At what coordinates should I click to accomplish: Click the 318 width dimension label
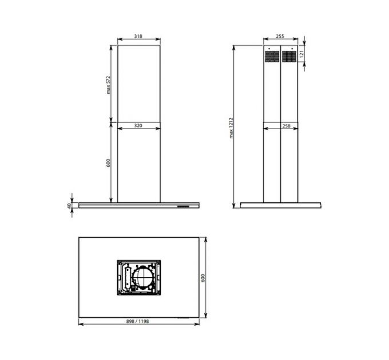coord(138,36)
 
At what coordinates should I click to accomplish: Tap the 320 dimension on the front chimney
coord(138,125)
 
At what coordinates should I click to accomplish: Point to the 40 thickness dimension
coord(68,205)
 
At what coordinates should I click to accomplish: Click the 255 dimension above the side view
coord(280,36)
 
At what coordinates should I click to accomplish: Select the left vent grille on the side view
coord(272,56)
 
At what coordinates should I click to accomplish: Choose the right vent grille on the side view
coord(288,56)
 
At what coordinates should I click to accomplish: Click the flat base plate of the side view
coord(280,205)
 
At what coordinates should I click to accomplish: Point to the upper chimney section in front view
coord(138,83)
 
